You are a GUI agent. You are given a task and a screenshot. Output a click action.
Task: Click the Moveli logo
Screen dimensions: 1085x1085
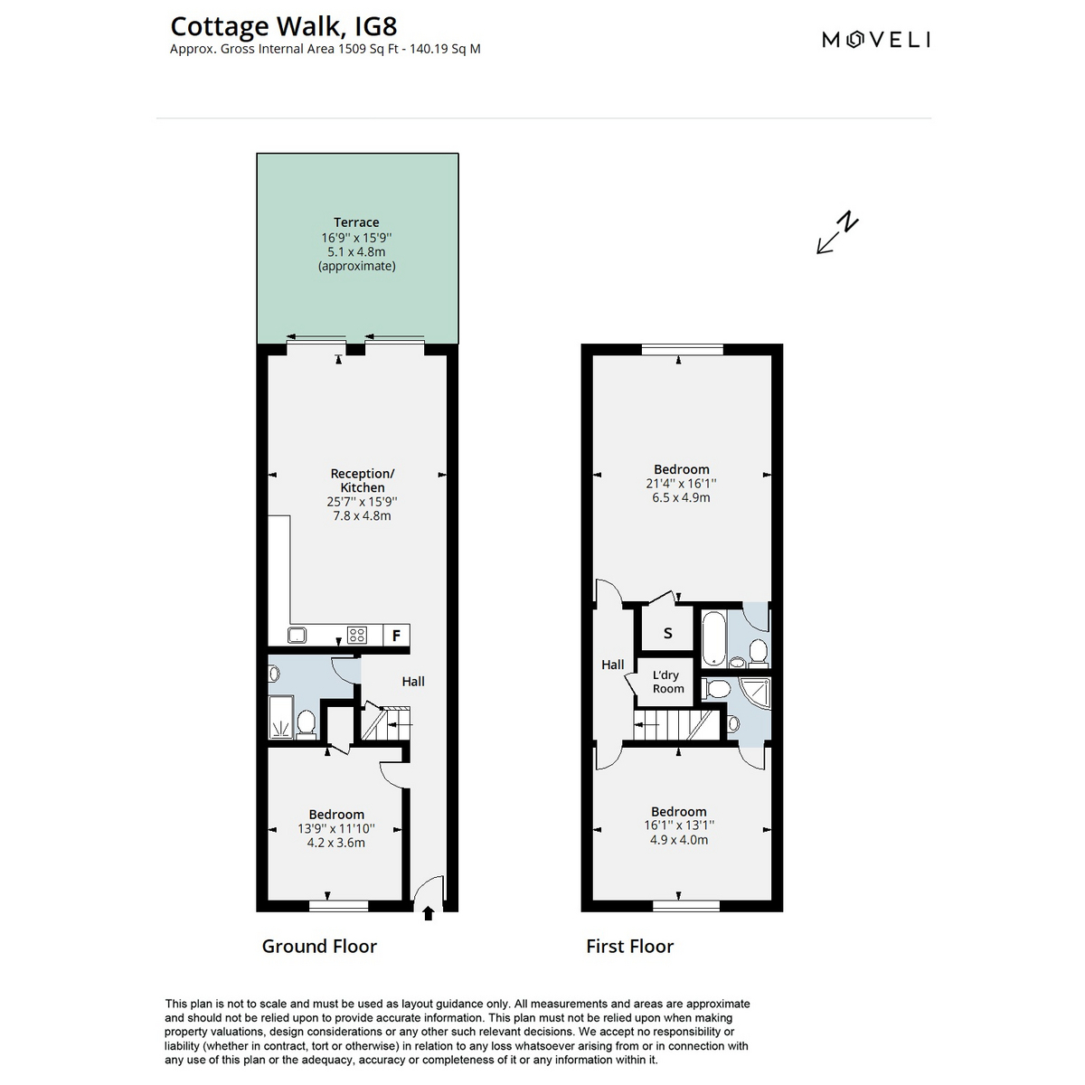[x=875, y=40]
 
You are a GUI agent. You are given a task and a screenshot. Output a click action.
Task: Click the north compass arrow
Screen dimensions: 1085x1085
[x=837, y=232]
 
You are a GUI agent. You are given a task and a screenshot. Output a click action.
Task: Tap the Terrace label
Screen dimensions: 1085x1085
[x=356, y=222]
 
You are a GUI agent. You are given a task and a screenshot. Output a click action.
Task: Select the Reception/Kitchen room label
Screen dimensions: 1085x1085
[x=362, y=480]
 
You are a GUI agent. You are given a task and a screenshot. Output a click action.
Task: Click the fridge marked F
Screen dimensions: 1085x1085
[x=396, y=635]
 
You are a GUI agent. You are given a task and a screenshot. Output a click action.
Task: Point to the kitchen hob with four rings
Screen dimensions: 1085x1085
[x=357, y=635]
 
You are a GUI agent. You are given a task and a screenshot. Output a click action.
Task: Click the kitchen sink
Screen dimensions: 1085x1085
[x=297, y=635]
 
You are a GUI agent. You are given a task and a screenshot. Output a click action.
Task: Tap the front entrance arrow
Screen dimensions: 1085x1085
[x=428, y=912]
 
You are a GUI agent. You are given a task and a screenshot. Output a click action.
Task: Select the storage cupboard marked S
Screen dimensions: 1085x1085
[x=668, y=634]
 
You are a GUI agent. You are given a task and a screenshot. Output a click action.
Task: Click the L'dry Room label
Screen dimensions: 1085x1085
[x=668, y=682]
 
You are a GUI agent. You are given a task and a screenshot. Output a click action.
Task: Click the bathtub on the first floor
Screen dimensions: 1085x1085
[x=714, y=638]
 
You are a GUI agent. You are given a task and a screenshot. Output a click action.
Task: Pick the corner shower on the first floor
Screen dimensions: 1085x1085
[x=754, y=695]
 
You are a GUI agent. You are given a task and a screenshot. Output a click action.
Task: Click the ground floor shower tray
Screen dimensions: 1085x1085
[x=281, y=717]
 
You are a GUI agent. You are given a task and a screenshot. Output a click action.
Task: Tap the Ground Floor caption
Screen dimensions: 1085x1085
[x=319, y=947]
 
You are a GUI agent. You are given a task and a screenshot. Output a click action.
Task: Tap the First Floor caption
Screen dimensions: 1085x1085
[x=629, y=947]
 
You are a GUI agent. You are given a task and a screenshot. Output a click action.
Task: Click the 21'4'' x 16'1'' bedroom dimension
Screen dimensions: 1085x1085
[x=682, y=483]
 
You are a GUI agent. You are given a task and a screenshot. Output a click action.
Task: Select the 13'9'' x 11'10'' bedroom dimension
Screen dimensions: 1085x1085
[x=336, y=828]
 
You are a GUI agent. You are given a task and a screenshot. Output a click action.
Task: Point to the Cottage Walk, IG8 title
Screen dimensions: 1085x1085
[x=284, y=26]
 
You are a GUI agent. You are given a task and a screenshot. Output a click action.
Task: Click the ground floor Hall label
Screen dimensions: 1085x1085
[x=413, y=682]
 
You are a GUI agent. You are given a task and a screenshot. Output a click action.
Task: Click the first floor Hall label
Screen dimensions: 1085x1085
[x=613, y=665]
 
